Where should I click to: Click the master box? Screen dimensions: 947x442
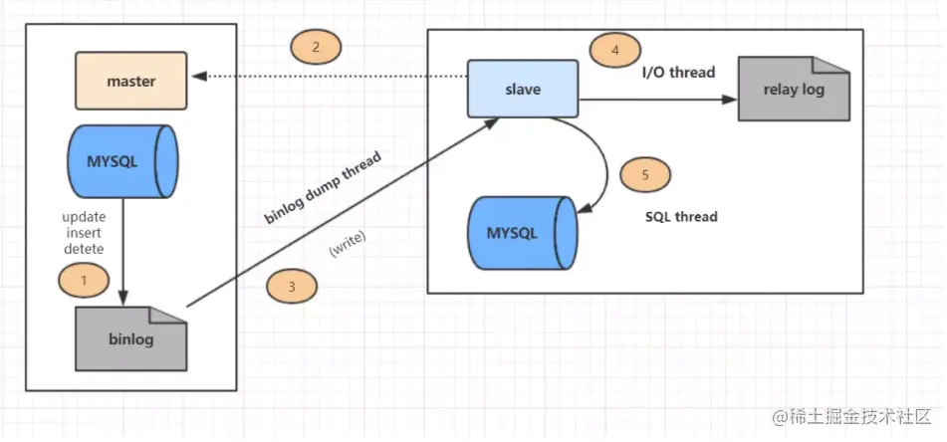pyautogui.click(x=131, y=81)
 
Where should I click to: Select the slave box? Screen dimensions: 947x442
pyautogui.click(x=523, y=89)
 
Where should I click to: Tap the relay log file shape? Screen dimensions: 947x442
pyautogui.click(x=794, y=89)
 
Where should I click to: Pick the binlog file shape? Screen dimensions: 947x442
pyautogui.click(x=131, y=338)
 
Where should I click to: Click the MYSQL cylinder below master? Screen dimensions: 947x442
pyautogui.click(x=122, y=162)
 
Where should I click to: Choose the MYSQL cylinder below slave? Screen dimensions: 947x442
pyautogui.click(x=522, y=233)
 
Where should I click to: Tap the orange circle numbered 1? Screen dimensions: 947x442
pyautogui.click(x=84, y=280)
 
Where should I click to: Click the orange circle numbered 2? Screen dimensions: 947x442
pyautogui.click(x=316, y=47)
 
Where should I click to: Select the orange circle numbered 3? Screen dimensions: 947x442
pyautogui.click(x=292, y=287)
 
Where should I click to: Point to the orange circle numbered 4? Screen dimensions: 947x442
pyautogui.click(x=615, y=50)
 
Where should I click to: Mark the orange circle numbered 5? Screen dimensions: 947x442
pyautogui.click(x=645, y=175)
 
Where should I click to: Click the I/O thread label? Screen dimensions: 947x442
pyautogui.click(x=678, y=73)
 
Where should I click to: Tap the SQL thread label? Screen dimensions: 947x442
pyautogui.click(x=681, y=216)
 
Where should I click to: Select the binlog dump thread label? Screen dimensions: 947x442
pyautogui.click(x=323, y=188)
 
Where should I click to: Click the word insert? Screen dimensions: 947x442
pyautogui.click(x=84, y=232)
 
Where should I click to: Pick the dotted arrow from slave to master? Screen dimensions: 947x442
pyautogui.click(x=330, y=76)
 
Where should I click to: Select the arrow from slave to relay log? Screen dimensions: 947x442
pyautogui.click(x=658, y=100)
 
